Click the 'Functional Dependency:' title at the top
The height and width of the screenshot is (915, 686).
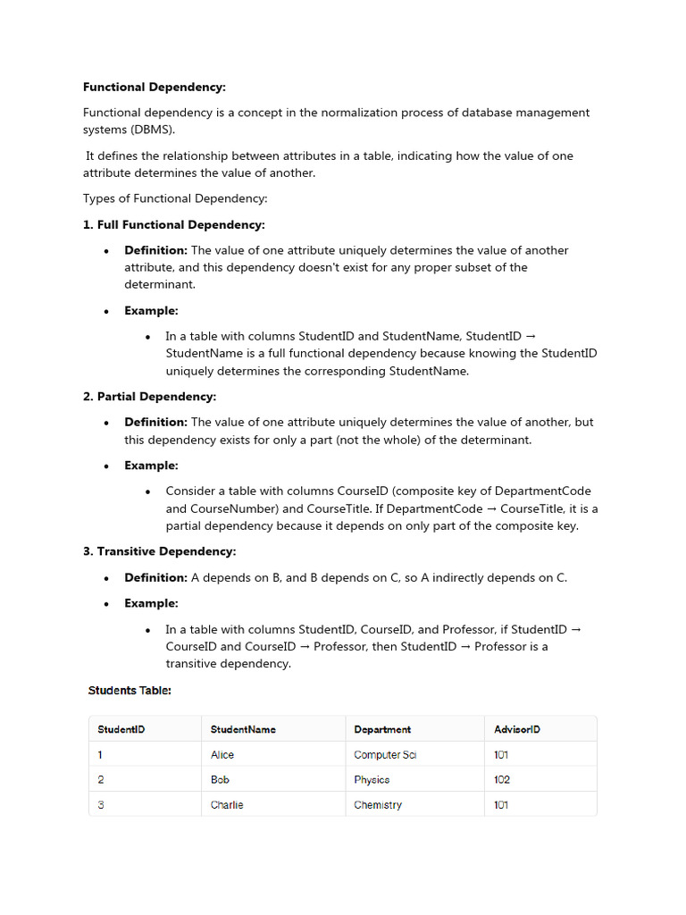coord(155,87)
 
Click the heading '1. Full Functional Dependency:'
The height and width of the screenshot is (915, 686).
coord(174,224)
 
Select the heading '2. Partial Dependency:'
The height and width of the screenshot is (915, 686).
coord(150,396)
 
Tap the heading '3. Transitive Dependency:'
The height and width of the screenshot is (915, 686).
coord(160,551)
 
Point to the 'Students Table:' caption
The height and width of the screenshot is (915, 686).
coord(130,691)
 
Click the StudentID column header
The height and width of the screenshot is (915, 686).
coord(121,729)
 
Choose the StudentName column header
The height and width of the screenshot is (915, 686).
coord(243,729)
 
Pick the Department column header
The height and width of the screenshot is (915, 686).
coord(382,729)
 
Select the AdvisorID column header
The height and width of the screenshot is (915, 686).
coord(517,729)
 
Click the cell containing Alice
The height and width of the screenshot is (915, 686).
coord(222,754)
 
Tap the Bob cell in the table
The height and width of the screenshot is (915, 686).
coord(220,779)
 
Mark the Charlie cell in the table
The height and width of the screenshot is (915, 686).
coord(227,804)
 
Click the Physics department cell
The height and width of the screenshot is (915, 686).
coord(372,779)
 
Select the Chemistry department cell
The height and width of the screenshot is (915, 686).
coord(378,804)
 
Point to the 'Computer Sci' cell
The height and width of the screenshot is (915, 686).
coord(385,754)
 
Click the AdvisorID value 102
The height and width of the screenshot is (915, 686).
coord(502,779)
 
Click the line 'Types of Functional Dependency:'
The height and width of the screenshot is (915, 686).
coord(175,198)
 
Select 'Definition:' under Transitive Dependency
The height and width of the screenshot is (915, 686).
coord(155,577)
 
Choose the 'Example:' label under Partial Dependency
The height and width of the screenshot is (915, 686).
coord(151,466)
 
